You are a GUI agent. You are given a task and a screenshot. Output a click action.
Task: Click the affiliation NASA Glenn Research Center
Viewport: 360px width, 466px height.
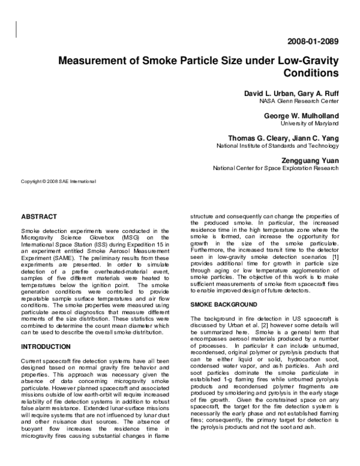pyautogui.click(x=301, y=101)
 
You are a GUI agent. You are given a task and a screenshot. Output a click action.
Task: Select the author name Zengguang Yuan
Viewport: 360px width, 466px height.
pyautogui.click(x=308, y=160)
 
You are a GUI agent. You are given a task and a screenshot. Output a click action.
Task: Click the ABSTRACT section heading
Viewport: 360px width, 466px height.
pyautogui.click(x=39, y=216)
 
